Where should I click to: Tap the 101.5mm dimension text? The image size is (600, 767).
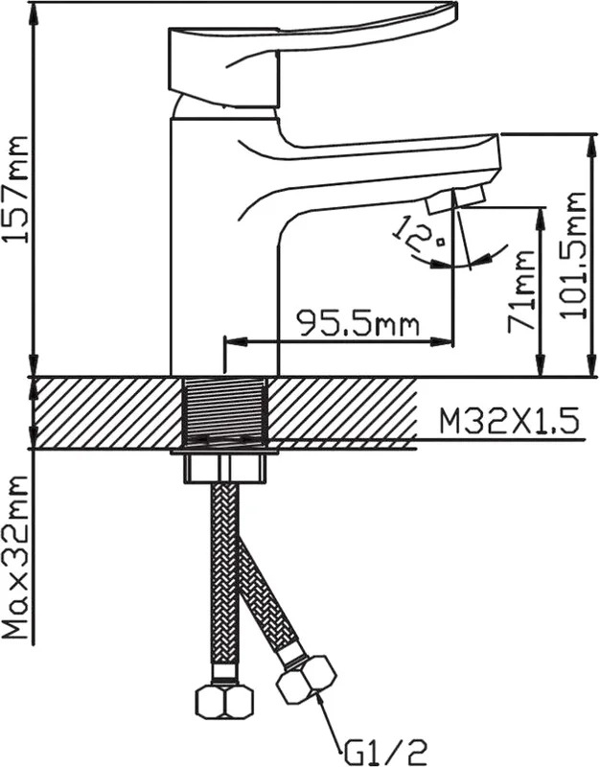coord(572,255)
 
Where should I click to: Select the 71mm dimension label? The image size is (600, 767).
coord(519,291)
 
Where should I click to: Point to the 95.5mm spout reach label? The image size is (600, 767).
coord(358,323)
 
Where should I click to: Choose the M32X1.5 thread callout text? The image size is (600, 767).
coord(509,421)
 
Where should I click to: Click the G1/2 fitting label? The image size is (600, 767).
coord(383,752)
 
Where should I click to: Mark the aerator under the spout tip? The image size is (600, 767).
coord(456,198)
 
